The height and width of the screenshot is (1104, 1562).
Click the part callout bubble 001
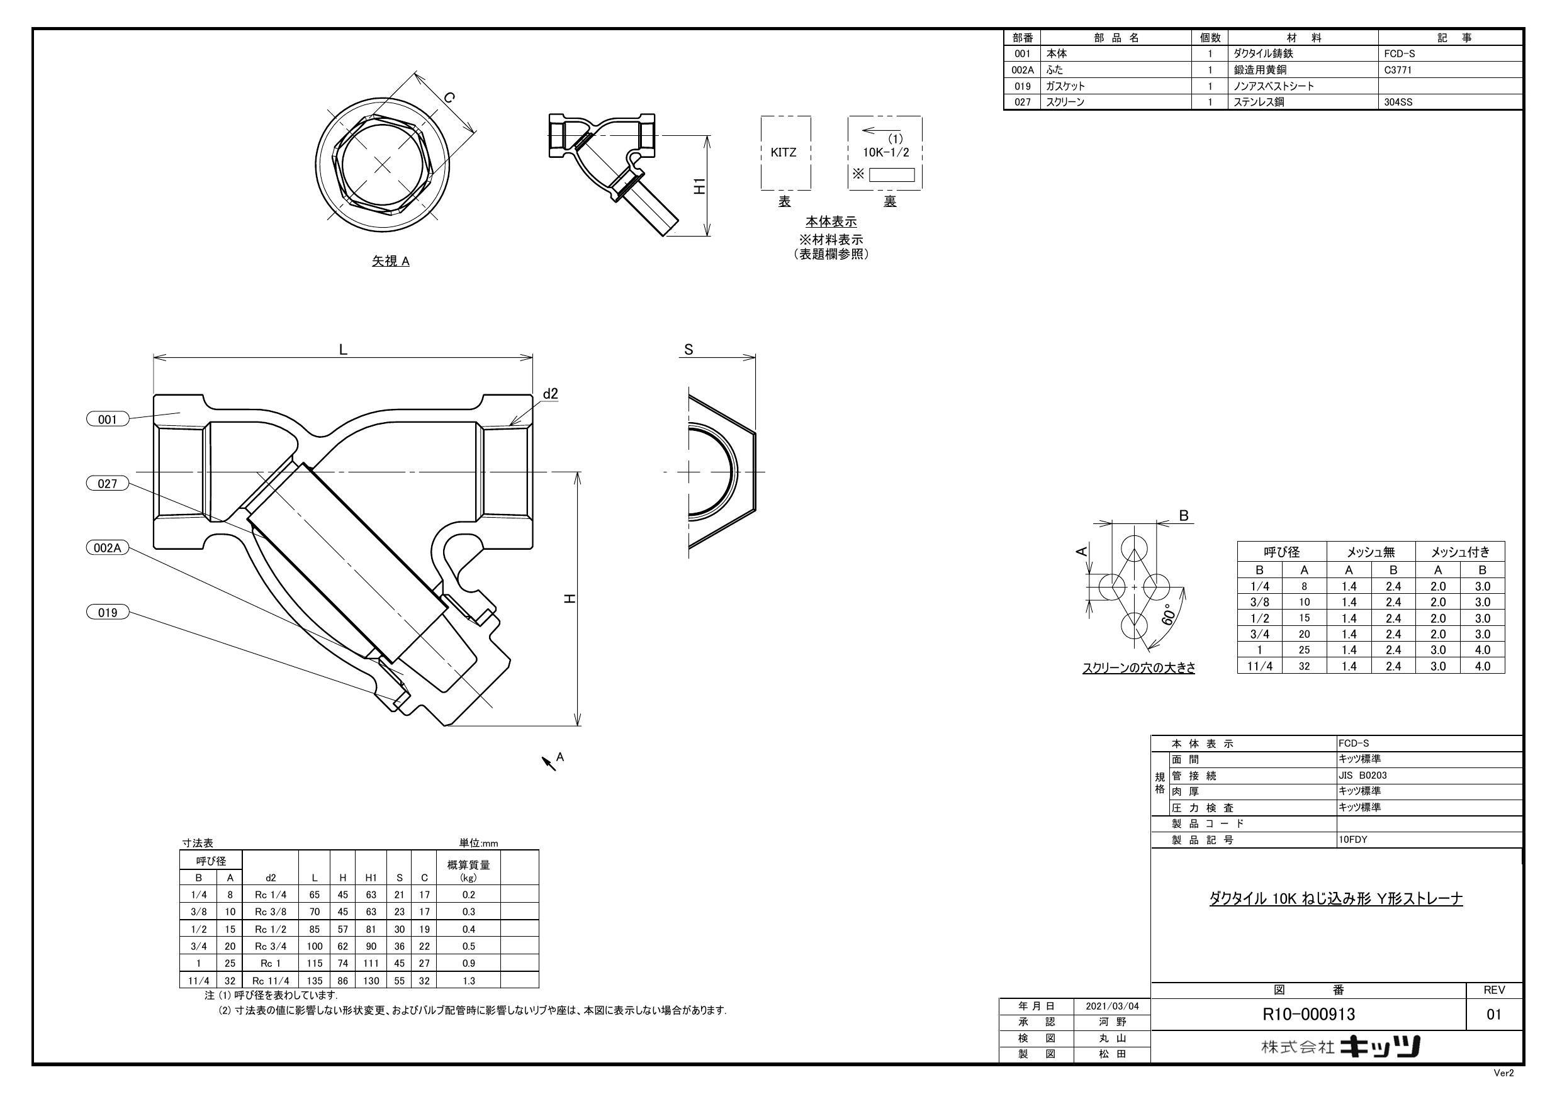pyautogui.click(x=108, y=420)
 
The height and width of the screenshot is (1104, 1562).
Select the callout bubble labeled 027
pyautogui.click(x=108, y=484)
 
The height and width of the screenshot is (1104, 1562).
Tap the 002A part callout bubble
pyautogui.click(x=108, y=547)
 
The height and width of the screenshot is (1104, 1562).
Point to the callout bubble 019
pyautogui.click(x=108, y=612)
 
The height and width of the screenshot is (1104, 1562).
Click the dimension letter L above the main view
pyautogui.click(x=344, y=349)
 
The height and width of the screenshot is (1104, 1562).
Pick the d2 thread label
pyautogui.click(x=551, y=394)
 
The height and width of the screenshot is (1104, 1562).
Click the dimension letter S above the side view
pyautogui.click(x=688, y=350)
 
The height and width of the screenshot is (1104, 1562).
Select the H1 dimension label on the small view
pyautogui.click(x=699, y=186)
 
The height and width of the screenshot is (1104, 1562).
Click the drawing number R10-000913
pyautogui.click(x=1308, y=1014)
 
